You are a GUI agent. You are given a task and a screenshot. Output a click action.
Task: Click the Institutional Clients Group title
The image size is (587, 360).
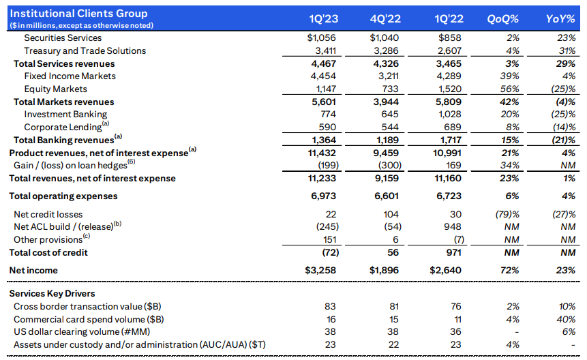78,13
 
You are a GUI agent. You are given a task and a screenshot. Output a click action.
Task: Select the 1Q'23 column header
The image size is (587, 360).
321,18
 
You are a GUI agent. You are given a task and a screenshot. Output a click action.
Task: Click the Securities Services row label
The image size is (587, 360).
63,38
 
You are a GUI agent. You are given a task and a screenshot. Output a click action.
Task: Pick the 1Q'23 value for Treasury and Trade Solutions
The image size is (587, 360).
322,50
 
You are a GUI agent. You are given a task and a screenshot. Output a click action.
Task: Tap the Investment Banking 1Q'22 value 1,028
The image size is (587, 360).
447,114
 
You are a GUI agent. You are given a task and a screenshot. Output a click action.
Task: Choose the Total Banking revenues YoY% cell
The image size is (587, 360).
562,140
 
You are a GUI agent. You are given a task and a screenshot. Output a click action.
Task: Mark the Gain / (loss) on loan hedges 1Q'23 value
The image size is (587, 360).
322,166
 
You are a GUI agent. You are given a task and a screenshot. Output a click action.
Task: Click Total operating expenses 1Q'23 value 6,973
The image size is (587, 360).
322,196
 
